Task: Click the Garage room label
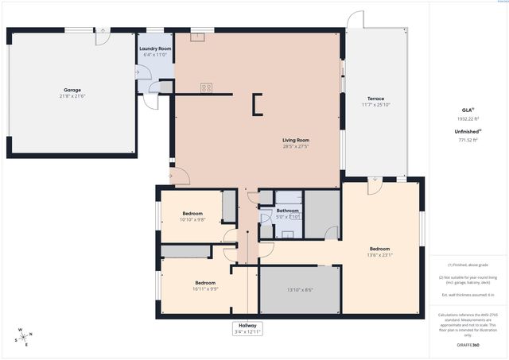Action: pos(72,90)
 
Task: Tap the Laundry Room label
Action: pos(155,48)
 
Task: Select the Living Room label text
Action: pos(295,141)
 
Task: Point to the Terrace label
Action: pos(375,99)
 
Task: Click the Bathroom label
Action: pos(288,211)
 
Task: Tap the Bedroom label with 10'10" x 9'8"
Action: pos(192,213)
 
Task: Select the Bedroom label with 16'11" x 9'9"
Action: pos(205,283)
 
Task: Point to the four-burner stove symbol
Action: pos(206,88)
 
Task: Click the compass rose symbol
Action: pos(24,336)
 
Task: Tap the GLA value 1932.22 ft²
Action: pos(468,118)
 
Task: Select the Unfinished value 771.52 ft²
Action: pos(468,140)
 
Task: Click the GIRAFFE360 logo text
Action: pos(467,346)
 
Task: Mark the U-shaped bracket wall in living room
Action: pos(257,104)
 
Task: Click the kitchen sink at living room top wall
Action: pos(197,36)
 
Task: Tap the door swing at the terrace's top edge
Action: pos(356,20)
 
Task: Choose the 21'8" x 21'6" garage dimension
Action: pos(72,96)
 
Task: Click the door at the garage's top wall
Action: pos(102,35)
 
